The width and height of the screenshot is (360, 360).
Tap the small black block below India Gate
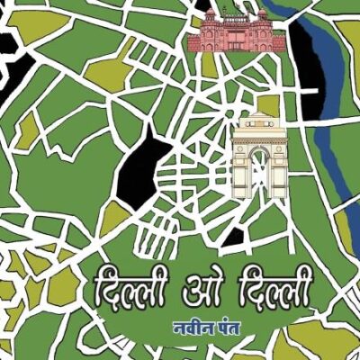coord(233,237)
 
